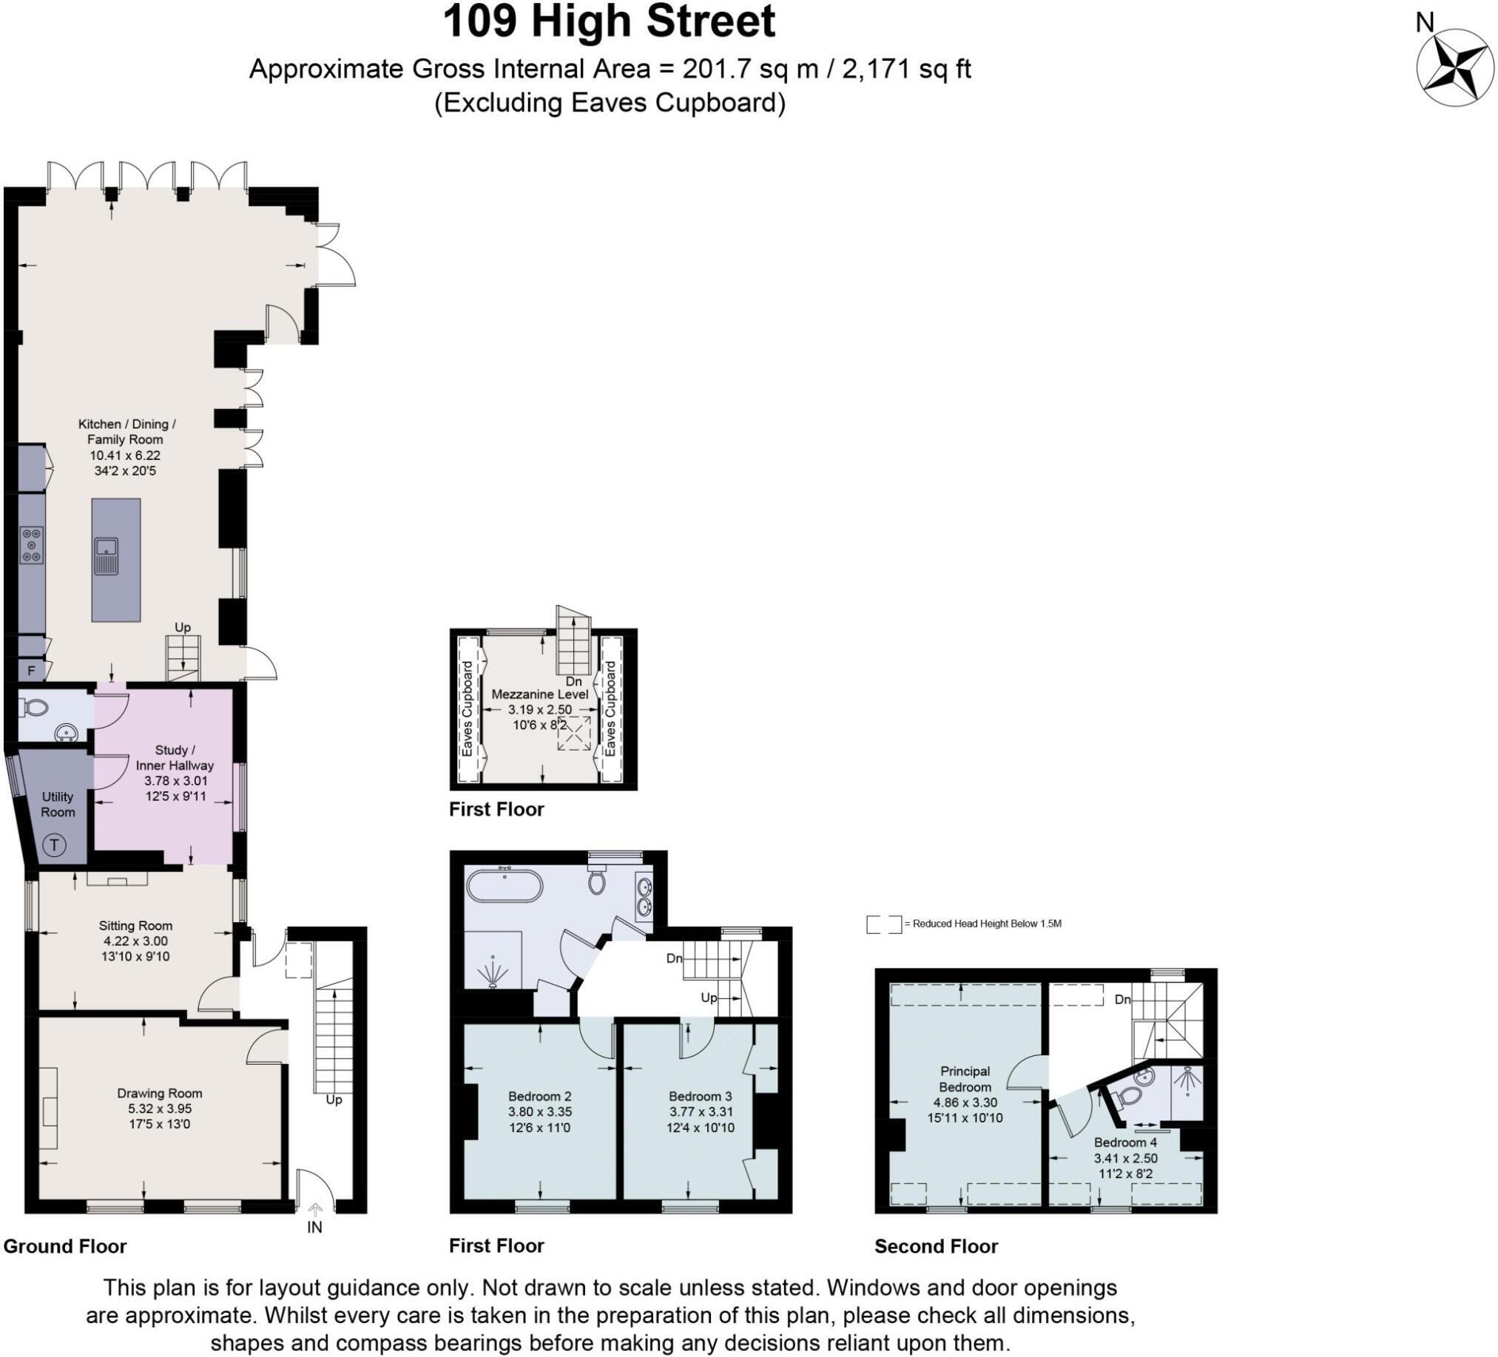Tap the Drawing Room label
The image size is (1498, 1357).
159,1092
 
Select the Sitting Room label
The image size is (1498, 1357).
135,925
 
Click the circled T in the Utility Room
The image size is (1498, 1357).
54,845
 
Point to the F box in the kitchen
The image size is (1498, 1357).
31,671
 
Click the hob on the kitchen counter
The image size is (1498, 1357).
31,544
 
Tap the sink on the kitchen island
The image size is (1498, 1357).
107,555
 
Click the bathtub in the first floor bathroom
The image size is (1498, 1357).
505,884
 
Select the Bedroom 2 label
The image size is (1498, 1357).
539,1095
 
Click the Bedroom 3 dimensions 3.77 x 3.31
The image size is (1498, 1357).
700,1112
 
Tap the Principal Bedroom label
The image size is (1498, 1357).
965,1078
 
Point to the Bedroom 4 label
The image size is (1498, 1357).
1125,1142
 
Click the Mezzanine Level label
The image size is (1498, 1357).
539,694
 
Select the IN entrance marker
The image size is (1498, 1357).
314,1227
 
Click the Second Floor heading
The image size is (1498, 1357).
936,1245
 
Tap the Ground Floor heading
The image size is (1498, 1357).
64,1245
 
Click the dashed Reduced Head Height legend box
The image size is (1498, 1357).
883,924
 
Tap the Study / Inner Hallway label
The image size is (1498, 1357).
174,757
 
